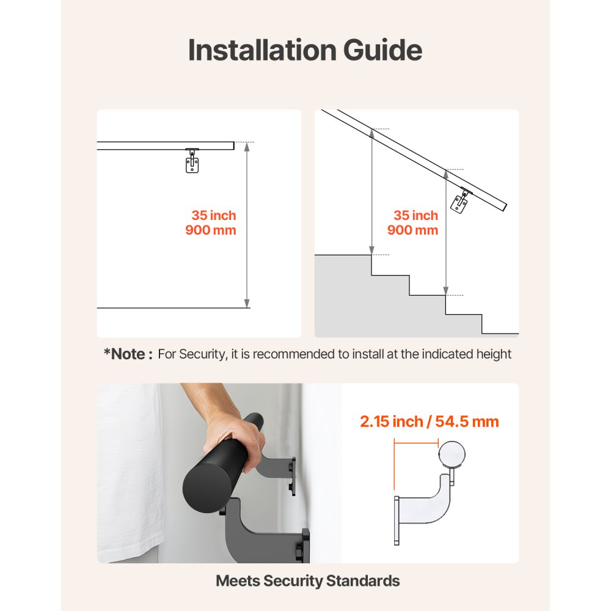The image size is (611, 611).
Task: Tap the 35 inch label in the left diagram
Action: point(213,216)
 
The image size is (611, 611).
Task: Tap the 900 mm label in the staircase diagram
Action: point(412,230)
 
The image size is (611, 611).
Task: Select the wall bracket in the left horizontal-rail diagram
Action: point(192,161)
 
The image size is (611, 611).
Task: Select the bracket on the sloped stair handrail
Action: point(459,202)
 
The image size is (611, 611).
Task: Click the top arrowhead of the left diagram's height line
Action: point(247,145)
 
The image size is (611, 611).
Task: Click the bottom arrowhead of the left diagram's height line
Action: point(247,304)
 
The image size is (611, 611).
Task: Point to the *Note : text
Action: point(128,354)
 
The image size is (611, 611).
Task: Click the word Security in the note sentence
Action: point(202,354)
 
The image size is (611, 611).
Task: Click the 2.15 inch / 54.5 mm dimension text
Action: point(430,422)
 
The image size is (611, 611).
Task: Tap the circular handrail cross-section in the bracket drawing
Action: point(452,454)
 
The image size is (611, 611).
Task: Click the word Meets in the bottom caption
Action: point(237,580)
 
